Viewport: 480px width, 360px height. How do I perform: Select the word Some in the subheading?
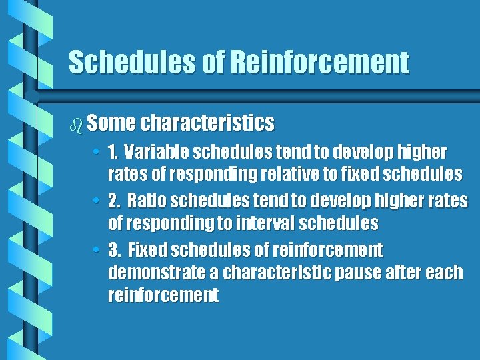click(x=111, y=123)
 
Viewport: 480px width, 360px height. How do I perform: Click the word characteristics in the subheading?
click(x=207, y=123)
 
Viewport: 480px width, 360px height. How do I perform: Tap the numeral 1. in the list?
click(x=115, y=152)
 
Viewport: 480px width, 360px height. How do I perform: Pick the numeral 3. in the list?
click(x=115, y=250)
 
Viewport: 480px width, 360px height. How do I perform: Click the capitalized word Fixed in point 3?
click(x=147, y=250)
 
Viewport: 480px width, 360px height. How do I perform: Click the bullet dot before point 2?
click(x=96, y=201)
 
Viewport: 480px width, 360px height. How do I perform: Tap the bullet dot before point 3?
click(x=96, y=251)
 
